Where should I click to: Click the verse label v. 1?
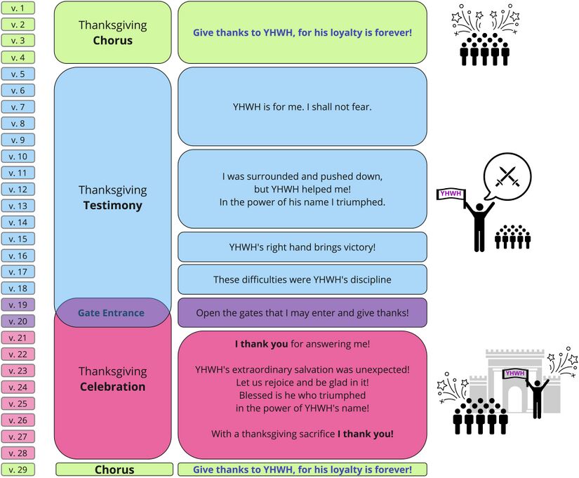coord(18,8)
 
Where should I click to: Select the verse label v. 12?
coord(18,190)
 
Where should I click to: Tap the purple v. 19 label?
coord(18,305)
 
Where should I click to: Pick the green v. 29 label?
coord(18,470)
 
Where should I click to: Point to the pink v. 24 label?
coord(18,387)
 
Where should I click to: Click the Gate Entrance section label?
coord(111,313)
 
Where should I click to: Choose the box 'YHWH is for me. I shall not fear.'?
coord(302,107)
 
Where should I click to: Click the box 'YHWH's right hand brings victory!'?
coord(302,247)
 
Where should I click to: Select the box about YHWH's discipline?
coord(302,279)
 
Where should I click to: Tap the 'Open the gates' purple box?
coord(302,313)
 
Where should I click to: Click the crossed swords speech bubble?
coord(507,175)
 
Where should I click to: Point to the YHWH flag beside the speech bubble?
coord(451,194)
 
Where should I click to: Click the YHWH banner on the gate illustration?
coord(514,373)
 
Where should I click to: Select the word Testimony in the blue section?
coord(112,206)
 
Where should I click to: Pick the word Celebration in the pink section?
coord(112,387)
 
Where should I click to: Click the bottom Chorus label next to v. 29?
coord(114,470)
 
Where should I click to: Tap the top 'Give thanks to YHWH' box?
coord(302,32)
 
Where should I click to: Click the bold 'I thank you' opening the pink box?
coord(261,344)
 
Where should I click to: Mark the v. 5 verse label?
coord(18,74)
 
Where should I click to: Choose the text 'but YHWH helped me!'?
coord(302,190)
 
